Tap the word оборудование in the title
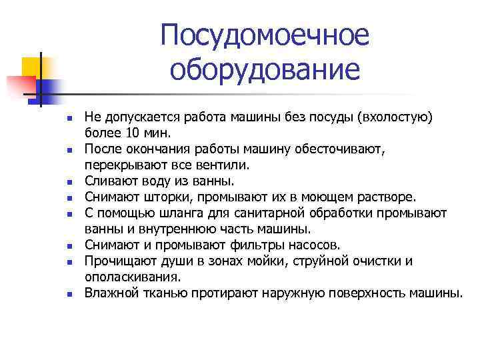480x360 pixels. point(265,69)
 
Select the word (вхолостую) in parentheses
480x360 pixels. point(395,117)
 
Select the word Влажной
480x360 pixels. point(108,292)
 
